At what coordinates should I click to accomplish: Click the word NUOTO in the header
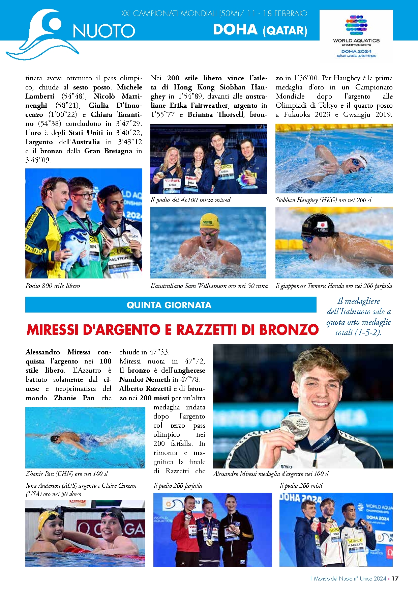pos(104,31)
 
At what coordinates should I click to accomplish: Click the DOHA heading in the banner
pos(235,30)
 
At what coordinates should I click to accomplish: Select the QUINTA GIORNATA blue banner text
pos(169,305)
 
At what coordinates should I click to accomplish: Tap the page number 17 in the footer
pos(395,578)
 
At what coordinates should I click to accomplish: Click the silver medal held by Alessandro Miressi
pos(295,426)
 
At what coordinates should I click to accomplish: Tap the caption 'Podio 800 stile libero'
pos(53,286)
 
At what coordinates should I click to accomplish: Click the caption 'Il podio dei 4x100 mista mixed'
pos(190,200)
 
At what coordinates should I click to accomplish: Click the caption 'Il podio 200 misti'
pos(301,486)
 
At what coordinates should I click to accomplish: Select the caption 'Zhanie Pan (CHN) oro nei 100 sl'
pos(67,474)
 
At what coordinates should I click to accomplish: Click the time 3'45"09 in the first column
pos(38,160)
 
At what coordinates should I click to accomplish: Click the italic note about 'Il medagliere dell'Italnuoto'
pos(359,317)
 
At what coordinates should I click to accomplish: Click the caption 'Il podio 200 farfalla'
pos(178,486)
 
